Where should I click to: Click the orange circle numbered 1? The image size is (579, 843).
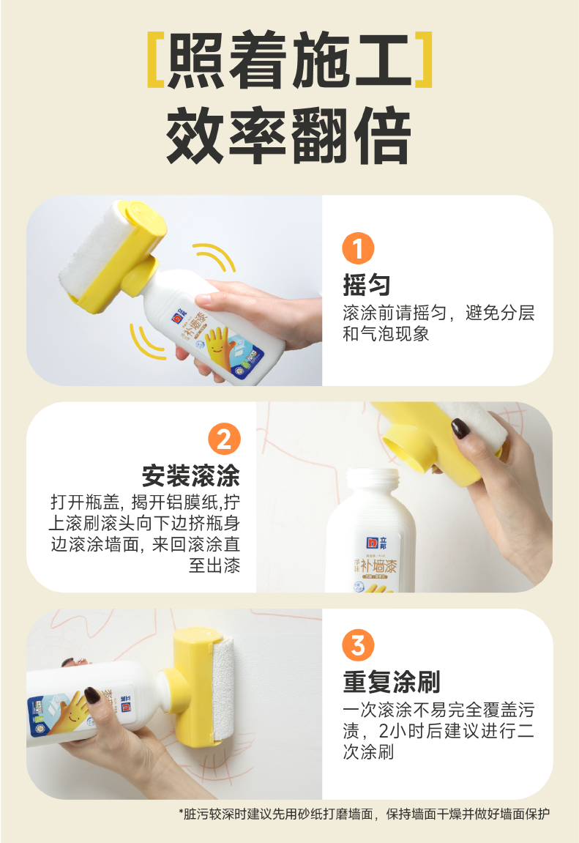pos(358,249)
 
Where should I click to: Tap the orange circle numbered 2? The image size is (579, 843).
pos(224,439)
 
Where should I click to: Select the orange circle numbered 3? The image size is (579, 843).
pos(358,646)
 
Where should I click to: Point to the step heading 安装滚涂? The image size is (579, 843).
pos(191,476)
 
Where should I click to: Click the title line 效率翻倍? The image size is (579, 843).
pos(289,137)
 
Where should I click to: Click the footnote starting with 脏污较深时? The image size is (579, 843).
pos(364,814)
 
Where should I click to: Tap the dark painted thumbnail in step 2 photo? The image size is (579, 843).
pos(460,428)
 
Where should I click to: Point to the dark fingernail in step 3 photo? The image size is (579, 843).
pos(92,694)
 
